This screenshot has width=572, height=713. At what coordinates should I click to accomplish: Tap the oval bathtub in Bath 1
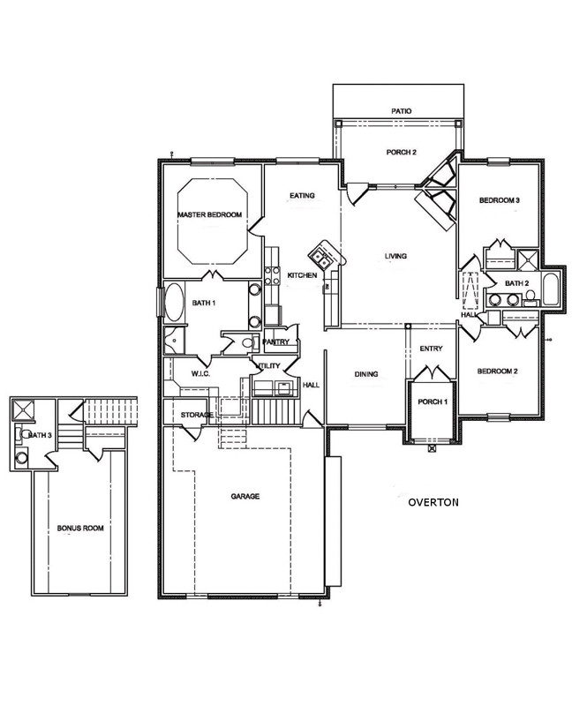click(x=174, y=304)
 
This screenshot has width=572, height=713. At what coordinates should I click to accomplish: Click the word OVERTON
click(x=433, y=502)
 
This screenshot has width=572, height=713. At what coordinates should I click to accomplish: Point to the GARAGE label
click(x=245, y=497)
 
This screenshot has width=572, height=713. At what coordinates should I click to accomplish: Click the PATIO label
click(x=402, y=111)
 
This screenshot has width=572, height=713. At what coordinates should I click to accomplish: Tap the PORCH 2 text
click(x=401, y=152)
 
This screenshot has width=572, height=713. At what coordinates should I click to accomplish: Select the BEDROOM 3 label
click(x=499, y=201)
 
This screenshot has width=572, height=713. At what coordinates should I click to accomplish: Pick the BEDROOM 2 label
click(x=497, y=372)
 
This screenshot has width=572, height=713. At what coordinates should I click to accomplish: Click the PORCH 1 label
click(x=432, y=402)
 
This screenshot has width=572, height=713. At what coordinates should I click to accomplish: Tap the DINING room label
click(x=366, y=374)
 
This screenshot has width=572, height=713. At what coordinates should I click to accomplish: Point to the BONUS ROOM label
click(x=80, y=529)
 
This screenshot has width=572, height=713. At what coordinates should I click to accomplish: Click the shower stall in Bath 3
click(x=23, y=409)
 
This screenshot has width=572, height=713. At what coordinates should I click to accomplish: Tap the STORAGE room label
click(x=197, y=415)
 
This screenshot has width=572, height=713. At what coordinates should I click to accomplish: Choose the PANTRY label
click(x=276, y=341)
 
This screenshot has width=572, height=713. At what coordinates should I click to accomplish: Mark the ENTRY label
click(x=431, y=349)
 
